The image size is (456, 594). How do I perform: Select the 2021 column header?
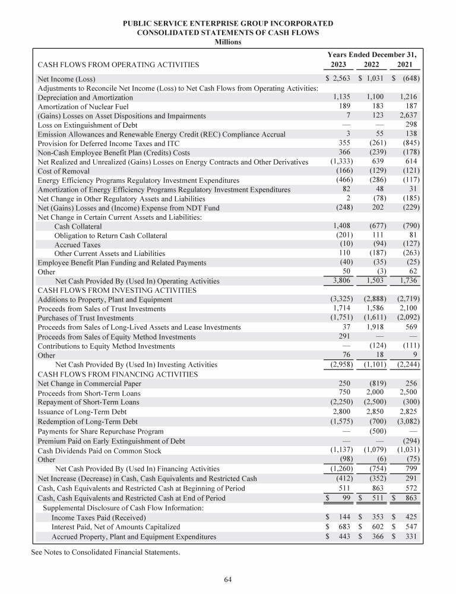pyautogui.click(x=410, y=64)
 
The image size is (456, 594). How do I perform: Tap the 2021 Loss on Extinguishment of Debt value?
pyautogui.click(x=411, y=125)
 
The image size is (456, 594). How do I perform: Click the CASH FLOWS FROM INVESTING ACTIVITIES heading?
pyautogui.click(x=117, y=290)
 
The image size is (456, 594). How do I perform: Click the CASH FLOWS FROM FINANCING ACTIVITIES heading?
pyautogui.click(x=118, y=374)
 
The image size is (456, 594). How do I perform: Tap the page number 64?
pyautogui.click(x=228, y=579)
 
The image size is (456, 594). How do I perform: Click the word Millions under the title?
pyautogui.click(x=228, y=42)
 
